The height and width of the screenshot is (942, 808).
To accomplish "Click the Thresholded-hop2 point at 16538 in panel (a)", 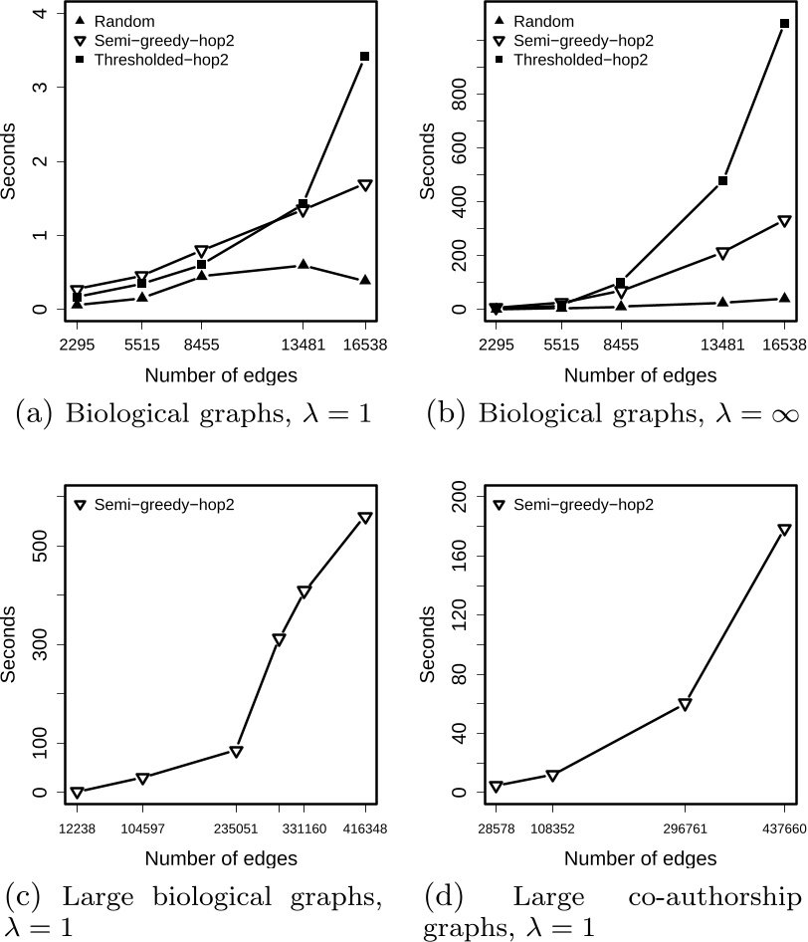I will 365,57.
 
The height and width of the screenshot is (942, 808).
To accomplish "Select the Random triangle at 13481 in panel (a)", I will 303,265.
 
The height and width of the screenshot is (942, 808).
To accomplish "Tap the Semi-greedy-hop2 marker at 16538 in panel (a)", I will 365,185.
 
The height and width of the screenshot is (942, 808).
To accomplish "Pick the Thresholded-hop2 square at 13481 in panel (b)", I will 722,181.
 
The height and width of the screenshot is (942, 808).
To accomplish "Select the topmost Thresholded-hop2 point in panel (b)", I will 784,24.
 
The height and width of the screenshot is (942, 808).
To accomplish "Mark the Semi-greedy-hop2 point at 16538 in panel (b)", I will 784,221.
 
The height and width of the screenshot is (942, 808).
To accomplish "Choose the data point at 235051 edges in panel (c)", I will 237,752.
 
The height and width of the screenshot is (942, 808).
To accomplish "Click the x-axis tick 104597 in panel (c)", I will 142,828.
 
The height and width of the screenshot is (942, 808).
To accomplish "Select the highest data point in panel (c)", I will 365,518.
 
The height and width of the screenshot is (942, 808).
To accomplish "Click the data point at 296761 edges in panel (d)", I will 685,704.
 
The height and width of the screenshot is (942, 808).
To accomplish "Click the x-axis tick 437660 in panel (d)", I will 784,828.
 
